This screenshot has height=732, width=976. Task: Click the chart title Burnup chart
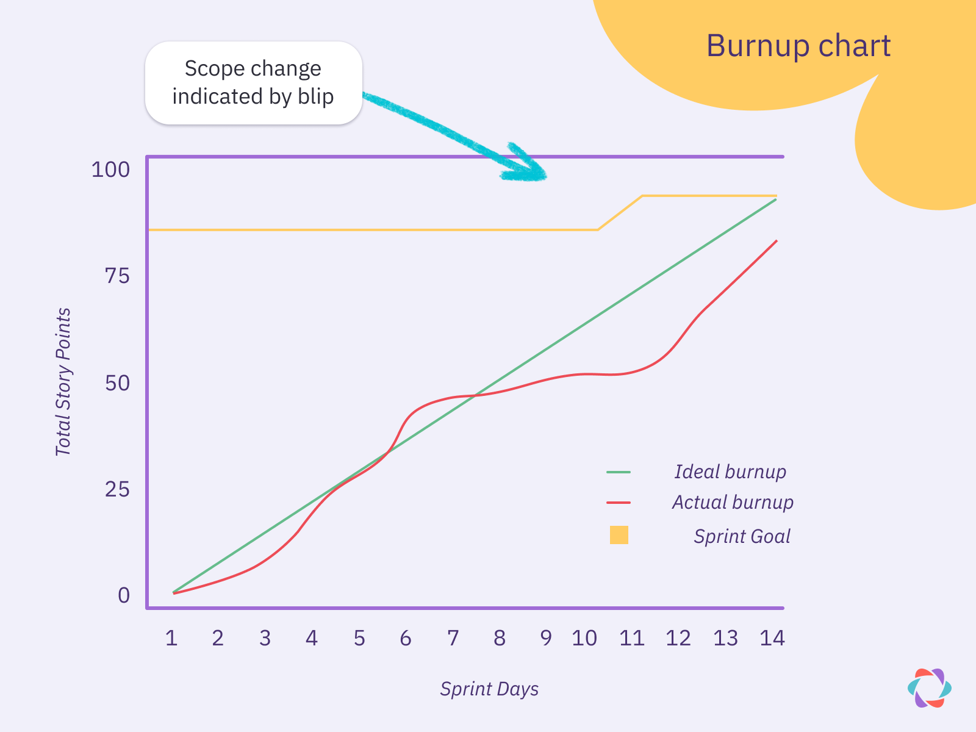(798, 46)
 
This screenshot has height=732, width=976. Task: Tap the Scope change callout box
(253, 83)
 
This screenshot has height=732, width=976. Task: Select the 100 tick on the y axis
(110, 170)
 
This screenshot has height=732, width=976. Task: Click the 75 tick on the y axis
(117, 276)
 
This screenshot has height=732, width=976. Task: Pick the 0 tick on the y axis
(124, 595)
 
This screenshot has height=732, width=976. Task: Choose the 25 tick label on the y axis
(117, 489)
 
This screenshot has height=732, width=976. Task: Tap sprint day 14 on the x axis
(772, 639)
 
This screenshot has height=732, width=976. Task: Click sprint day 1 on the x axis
(171, 639)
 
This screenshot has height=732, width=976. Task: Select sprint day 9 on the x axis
(546, 639)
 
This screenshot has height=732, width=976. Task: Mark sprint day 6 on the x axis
(406, 639)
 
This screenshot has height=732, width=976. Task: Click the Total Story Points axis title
(63, 382)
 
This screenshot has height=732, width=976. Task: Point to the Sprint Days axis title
(489, 689)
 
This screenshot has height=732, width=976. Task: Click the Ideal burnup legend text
(730, 472)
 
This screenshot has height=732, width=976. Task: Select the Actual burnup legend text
(733, 502)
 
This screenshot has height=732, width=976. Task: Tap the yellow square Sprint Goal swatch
(619, 535)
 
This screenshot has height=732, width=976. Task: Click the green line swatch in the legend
(619, 472)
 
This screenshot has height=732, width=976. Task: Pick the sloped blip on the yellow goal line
(620, 213)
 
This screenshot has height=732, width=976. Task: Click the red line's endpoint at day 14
(776, 241)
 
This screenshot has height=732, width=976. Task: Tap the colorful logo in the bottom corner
(929, 688)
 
